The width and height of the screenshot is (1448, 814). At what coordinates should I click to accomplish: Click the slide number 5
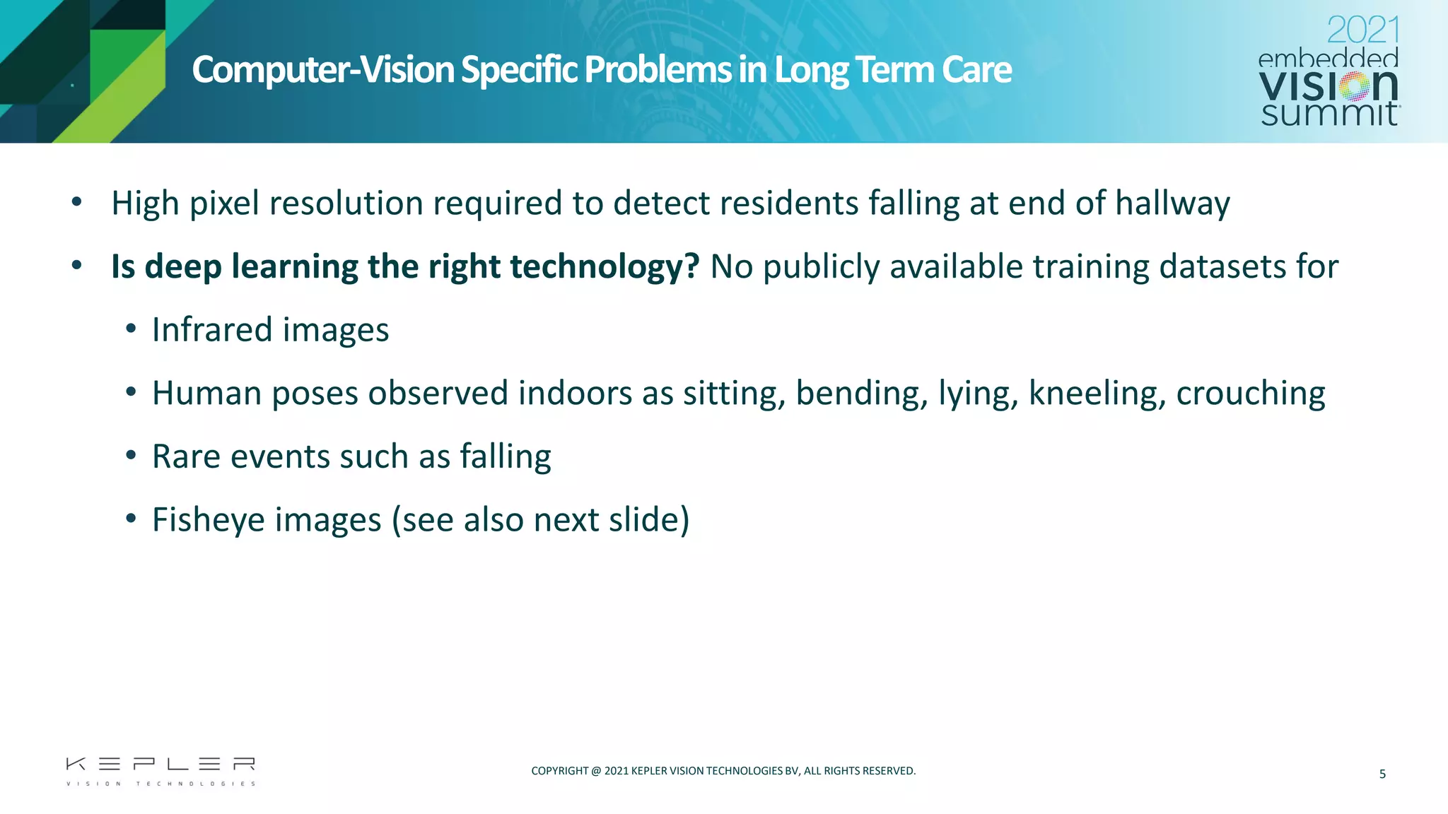coord(1382,774)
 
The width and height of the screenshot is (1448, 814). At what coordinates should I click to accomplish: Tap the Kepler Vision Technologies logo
coord(160,771)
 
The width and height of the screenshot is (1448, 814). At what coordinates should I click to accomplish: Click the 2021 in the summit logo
coord(1362,31)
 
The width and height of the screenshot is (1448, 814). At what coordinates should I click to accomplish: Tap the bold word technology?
coord(605,267)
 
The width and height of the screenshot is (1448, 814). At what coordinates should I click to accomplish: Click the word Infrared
coord(212,330)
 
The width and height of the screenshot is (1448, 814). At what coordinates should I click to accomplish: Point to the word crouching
coord(1250,394)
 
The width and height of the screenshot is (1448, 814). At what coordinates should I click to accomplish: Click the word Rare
coord(187,456)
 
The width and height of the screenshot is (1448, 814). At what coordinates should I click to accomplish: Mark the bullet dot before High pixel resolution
coord(77,203)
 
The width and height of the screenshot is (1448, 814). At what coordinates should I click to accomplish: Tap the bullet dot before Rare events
coord(131,456)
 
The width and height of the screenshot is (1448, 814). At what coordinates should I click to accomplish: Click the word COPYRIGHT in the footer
coord(559,771)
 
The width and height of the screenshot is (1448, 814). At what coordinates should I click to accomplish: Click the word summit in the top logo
coord(1329,114)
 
